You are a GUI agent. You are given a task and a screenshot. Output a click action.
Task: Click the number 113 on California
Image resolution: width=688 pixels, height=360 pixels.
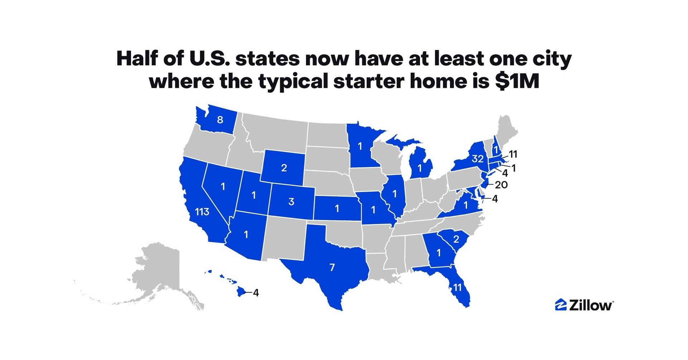pyautogui.click(x=202, y=212)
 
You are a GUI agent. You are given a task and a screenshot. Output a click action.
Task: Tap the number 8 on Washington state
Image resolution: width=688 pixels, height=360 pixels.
pyautogui.click(x=220, y=120)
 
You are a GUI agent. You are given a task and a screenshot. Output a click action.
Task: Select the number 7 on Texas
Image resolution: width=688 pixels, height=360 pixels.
pyautogui.click(x=332, y=267)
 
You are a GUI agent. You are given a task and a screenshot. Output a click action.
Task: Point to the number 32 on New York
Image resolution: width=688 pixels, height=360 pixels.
pyautogui.click(x=478, y=159)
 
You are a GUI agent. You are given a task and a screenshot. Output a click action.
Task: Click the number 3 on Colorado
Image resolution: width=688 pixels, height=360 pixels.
pyautogui.click(x=291, y=202)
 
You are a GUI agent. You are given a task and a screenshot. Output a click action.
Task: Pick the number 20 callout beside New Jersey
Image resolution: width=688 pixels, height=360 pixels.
pyautogui.click(x=501, y=185)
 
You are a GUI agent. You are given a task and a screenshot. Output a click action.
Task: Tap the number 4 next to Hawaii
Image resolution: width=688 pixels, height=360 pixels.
pyautogui.click(x=256, y=293)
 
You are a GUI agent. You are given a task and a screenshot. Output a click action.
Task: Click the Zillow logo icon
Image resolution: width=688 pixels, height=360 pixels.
pyautogui.click(x=560, y=304)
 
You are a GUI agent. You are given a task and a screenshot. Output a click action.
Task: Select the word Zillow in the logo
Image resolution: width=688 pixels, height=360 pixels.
pyautogui.click(x=591, y=305)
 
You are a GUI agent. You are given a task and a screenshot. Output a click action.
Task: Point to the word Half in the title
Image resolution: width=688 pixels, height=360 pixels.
pyautogui.click(x=138, y=58)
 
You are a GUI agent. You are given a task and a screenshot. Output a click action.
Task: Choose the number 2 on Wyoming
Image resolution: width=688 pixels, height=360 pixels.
pyautogui.click(x=284, y=168)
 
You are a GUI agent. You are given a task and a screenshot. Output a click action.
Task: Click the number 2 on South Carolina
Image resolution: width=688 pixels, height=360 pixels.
pyautogui.click(x=456, y=239)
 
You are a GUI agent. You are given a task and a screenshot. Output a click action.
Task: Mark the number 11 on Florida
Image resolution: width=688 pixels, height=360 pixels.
pyautogui.click(x=457, y=287)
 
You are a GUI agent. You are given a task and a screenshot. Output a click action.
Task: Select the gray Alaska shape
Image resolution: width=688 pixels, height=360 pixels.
pyautogui.click(x=158, y=272)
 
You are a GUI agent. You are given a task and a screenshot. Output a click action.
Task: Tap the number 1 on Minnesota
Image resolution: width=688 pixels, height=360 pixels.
pyautogui.click(x=360, y=146)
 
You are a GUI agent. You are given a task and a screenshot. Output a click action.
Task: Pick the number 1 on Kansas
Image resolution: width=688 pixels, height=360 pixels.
pyautogui.click(x=337, y=208)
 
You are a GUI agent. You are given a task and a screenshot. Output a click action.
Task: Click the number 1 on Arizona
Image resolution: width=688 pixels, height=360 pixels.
pyautogui.click(x=246, y=235)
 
